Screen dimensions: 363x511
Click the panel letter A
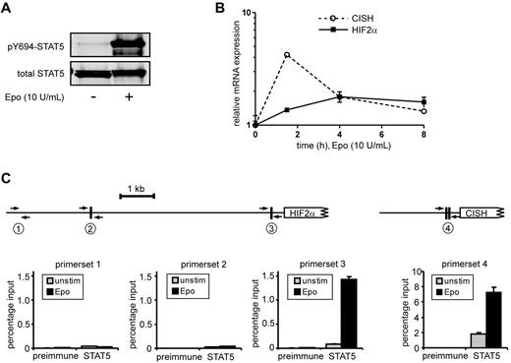pyautogui.click(x=8, y=9)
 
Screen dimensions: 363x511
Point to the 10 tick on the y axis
pyautogui.click(x=247, y=12)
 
